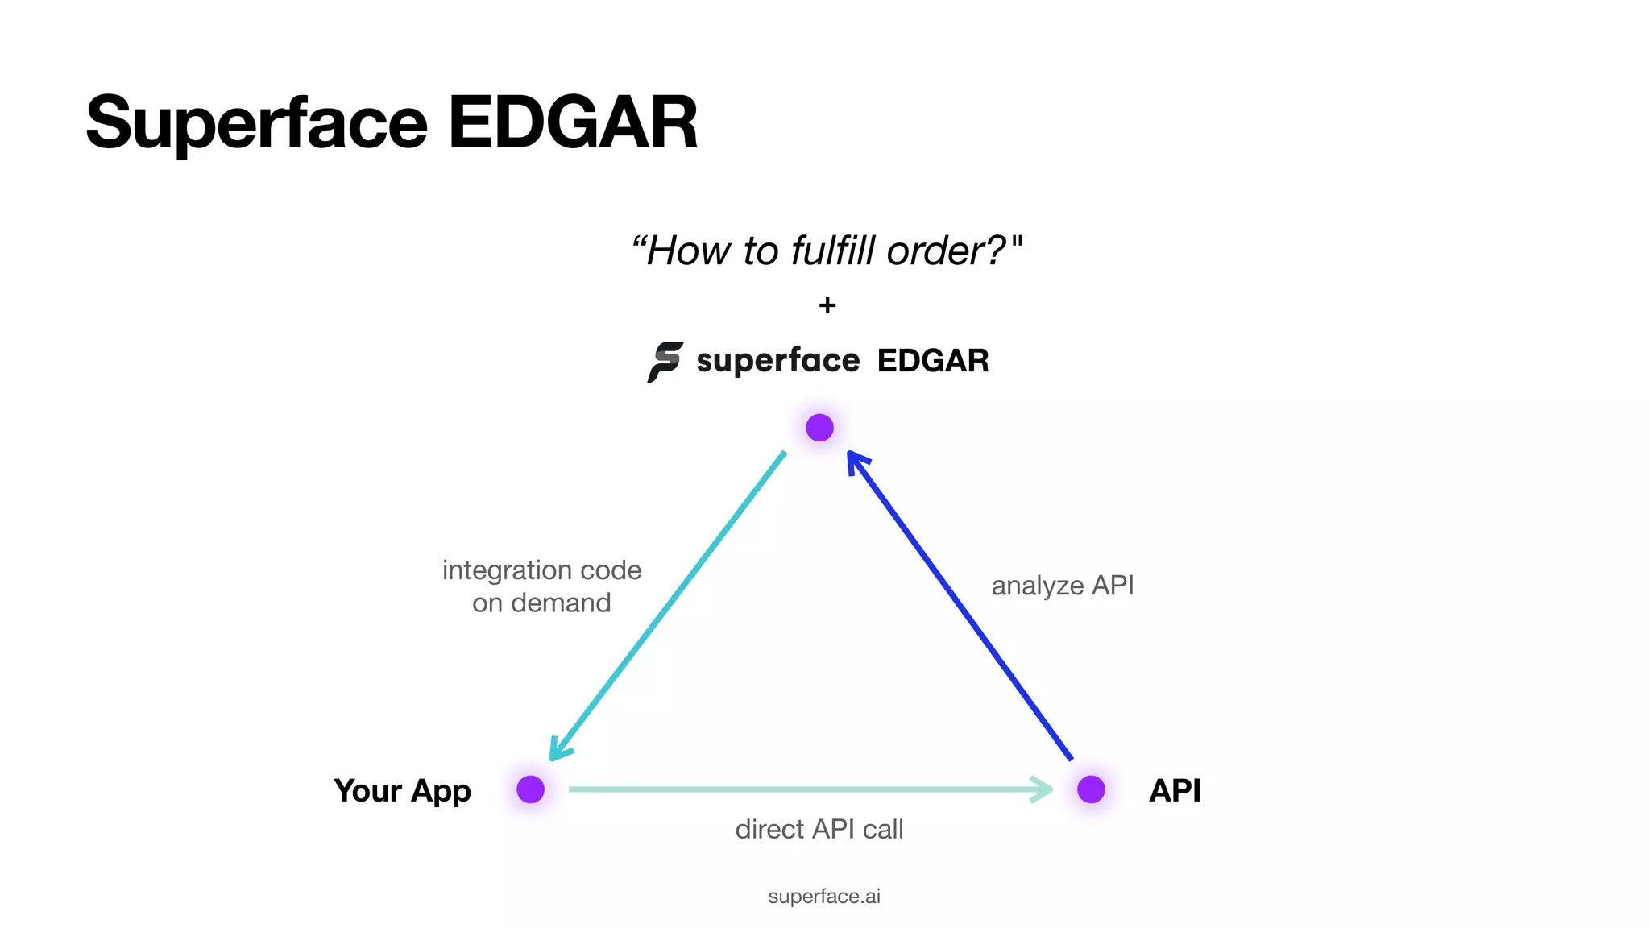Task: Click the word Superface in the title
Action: coord(256,123)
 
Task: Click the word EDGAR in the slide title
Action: coord(572,123)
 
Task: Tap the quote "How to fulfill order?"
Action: coord(826,251)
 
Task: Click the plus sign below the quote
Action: coord(827,305)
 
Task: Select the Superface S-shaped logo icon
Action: coord(665,362)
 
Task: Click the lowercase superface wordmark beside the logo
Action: coord(778,360)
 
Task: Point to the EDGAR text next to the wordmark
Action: coord(933,361)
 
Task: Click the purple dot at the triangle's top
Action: coord(819,428)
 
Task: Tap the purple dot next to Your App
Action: coord(530,789)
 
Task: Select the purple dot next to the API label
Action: coord(1091,789)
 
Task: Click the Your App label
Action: coord(402,791)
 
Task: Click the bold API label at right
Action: coord(1175,790)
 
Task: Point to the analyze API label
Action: coord(1062,586)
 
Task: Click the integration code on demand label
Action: coord(541,586)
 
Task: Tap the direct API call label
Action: coord(819,829)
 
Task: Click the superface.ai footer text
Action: coord(824,896)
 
